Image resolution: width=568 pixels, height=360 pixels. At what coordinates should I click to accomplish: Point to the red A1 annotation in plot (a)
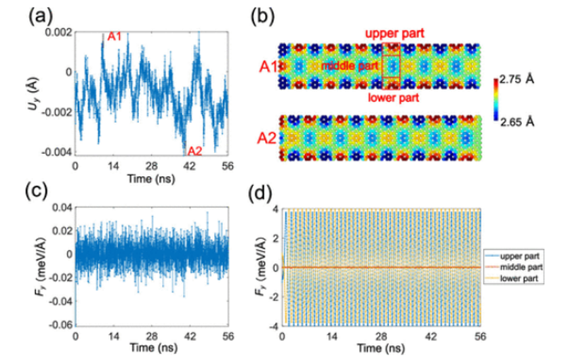[x=115, y=36]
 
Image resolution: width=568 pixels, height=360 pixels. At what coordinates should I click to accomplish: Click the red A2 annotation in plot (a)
[x=195, y=151]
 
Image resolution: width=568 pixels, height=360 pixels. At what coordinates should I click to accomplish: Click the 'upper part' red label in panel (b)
[x=392, y=33]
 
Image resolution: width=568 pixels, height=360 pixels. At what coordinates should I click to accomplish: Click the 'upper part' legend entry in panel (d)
[x=519, y=257]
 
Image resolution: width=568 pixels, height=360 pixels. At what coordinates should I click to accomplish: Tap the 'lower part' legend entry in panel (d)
[x=519, y=279]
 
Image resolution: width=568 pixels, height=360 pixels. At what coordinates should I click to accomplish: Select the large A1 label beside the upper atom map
[x=268, y=66]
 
